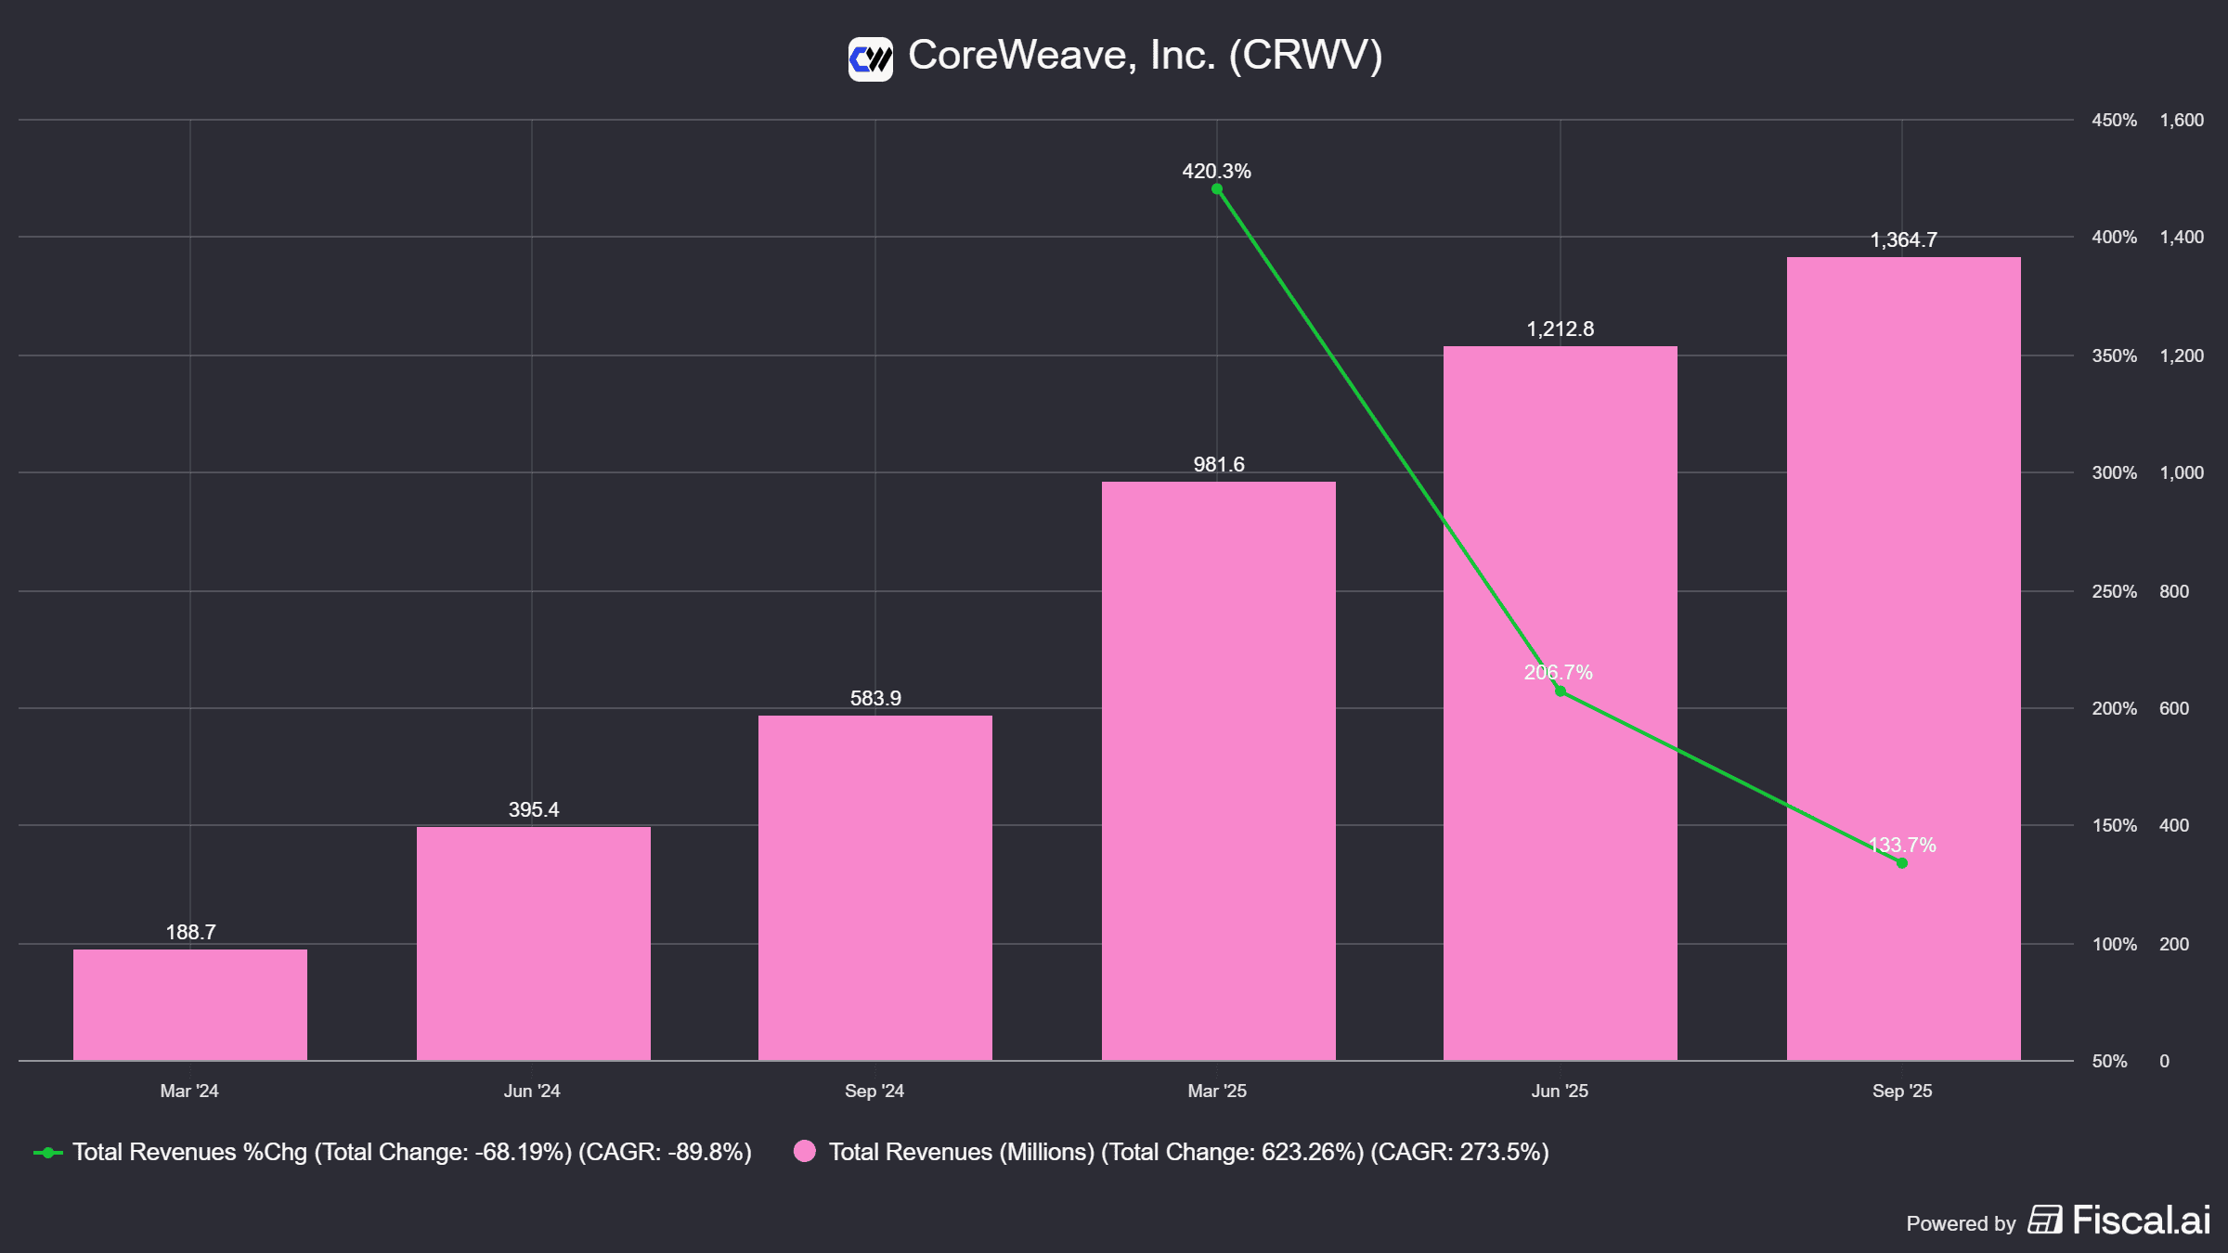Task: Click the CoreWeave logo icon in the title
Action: [870, 59]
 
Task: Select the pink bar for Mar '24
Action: [190, 1004]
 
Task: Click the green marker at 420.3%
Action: [1217, 189]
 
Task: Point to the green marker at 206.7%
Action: [1561, 691]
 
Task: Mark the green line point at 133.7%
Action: [1902, 863]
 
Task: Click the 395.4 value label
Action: [534, 809]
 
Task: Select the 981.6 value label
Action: [1218, 464]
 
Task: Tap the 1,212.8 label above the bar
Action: [1560, 329]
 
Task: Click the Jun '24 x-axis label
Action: [532, 1091]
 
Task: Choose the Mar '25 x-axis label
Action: [1217, 1091]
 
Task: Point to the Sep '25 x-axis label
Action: [1902, 1091]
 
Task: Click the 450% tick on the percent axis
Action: [2114, 121]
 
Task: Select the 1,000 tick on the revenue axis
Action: [2181, 473]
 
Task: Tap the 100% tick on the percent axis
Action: [2114, 944]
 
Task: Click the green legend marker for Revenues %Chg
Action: [48, 1153]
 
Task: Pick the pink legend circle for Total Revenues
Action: [805, 1152]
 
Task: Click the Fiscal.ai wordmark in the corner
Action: [2141, 1220]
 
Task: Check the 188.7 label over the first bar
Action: [190, 932]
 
